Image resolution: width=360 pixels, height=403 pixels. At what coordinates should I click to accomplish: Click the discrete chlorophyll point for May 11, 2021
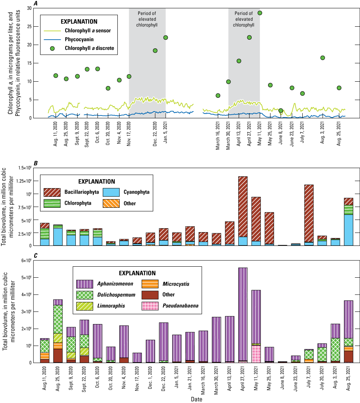click(x=260, y=13)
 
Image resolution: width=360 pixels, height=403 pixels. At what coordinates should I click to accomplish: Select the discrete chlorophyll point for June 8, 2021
click(x=281, y=111)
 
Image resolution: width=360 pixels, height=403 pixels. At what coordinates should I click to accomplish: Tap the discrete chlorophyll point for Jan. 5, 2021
click(x=166, y=38)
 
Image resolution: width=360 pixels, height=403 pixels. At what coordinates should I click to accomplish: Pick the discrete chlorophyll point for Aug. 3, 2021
click(x=323, y=58)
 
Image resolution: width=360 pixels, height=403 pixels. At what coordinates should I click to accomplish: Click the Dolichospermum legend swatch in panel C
click(x=85, y=294)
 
